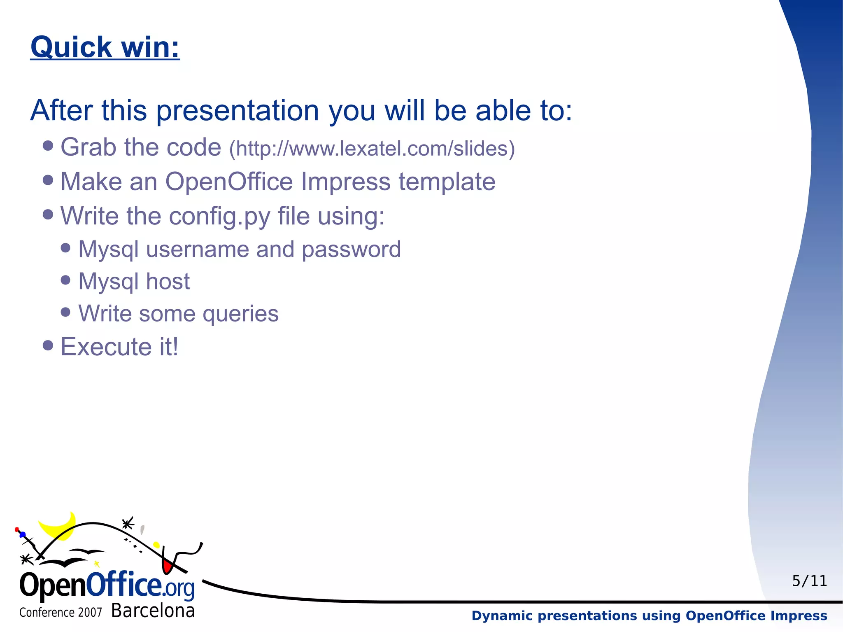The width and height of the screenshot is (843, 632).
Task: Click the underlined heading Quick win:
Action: (x=105, y=47)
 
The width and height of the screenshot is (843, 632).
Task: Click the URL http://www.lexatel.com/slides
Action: (x=372, y=149)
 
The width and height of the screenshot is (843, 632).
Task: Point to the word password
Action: (x=351, y=250)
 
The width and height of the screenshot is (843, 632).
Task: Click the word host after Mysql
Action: (x=168, y=282)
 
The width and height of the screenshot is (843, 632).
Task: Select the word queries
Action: (x=240, y=314)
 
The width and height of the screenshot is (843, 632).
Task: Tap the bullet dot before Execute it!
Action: (x=48, y=345)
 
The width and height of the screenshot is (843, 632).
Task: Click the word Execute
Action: (x=106, y=347)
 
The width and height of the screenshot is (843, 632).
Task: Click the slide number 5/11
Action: (x=809, y=581)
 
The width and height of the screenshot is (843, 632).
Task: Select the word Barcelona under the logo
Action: (x=153, y=611)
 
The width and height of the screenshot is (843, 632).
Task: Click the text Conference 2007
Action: (x=61, y=613)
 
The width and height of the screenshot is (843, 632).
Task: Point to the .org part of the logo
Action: (x=179, y=588)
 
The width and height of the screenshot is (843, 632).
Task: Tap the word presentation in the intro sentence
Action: (x=238, y=111)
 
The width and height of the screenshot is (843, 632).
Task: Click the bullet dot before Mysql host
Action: (x=65, y=280)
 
